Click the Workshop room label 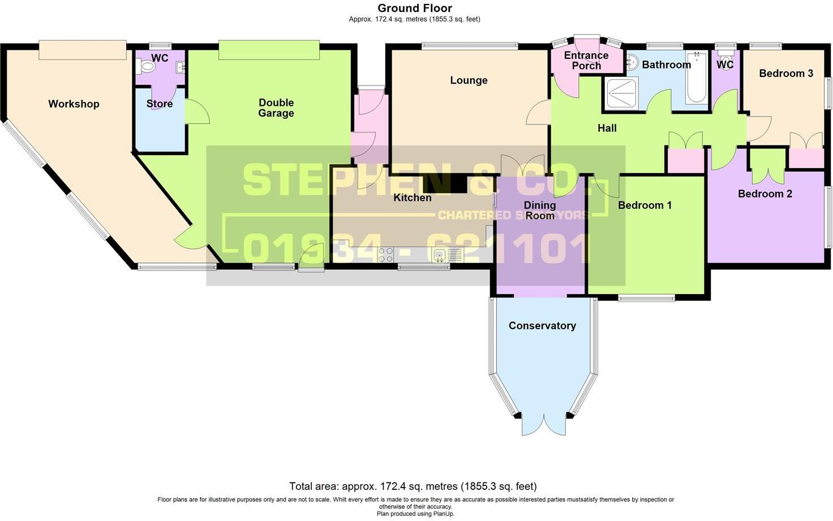(x=74, y=104)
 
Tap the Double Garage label (x=276, y=107)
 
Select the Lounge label (x=469, y=80)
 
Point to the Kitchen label (x=413, y=197)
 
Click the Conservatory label (x=542, y=326)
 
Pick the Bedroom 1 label (x=645, y=205)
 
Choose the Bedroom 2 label (x=765, y=194)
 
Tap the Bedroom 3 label (x=785, y=74)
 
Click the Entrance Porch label (x=586, y=60)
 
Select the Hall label (x=607, y=128)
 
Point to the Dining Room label (x=540, y=210)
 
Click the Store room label (x=159, y=104)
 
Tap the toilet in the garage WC (x=147, y=67)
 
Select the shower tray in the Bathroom (x=622, y=94)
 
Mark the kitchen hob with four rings (x=385, y=255)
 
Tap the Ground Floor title (x=415, y=8)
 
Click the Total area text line (x=413, y=486)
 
